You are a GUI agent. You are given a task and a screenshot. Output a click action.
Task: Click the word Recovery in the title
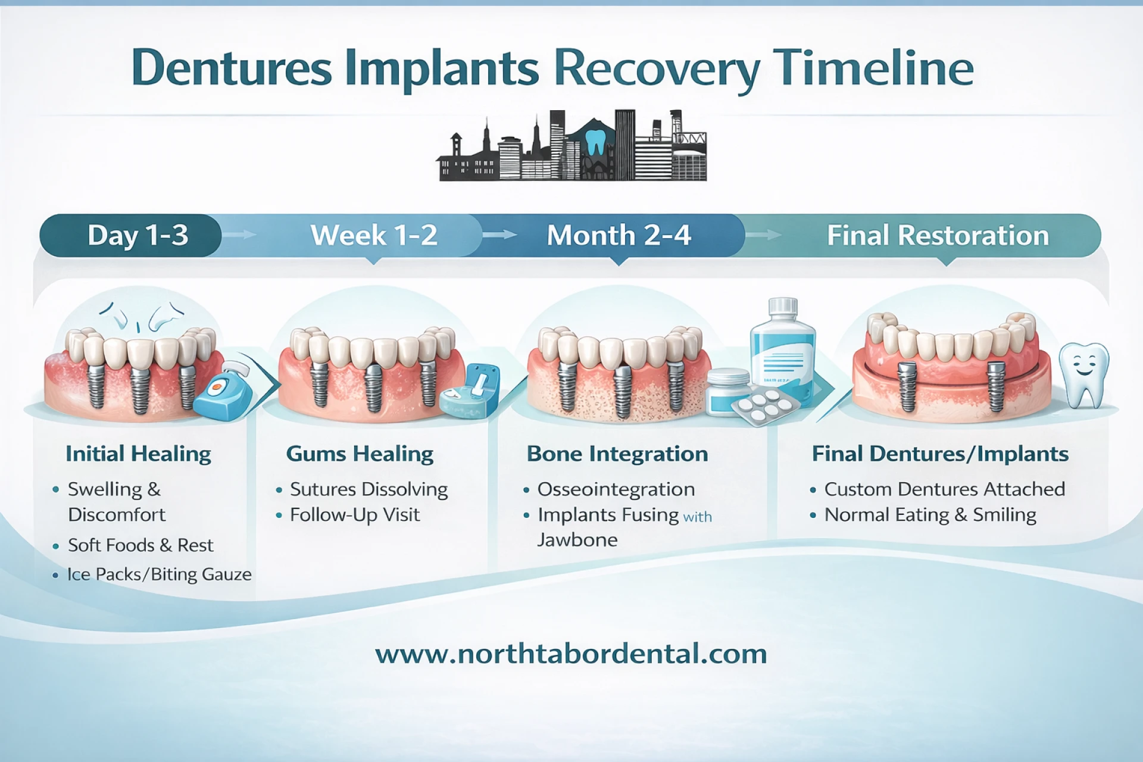coord(657,69)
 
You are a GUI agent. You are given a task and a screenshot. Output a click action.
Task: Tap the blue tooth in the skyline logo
coord(595,142)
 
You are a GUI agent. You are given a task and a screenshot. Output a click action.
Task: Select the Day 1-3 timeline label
coord(138,236)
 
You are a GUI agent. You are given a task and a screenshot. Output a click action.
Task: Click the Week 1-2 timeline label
coord(374,235)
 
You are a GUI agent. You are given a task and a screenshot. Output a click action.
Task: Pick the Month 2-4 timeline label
coord(619,235)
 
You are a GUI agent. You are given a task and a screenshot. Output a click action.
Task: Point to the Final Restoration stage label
coord(938,235)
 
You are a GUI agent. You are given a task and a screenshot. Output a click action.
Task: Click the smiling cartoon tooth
coord(1084,374)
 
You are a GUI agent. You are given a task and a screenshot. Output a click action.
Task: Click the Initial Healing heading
coord(138,454)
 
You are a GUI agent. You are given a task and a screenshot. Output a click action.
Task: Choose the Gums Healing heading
coord(360,454)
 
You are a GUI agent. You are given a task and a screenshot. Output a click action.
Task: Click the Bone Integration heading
coord(617,454)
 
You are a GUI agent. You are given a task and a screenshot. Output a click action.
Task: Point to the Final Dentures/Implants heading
coord(940,454)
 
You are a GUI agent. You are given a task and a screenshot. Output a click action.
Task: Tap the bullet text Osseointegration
coord(616,489)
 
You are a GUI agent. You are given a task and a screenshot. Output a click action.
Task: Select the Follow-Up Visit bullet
coord(355,515)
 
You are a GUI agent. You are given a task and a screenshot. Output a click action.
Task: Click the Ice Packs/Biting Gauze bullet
coord(159,574)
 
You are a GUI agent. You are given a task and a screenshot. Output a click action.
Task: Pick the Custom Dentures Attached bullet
coord(944,489)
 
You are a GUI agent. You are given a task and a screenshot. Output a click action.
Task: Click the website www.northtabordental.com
coord(571,654)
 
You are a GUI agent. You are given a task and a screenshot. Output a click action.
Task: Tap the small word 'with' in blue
coord(697,517)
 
